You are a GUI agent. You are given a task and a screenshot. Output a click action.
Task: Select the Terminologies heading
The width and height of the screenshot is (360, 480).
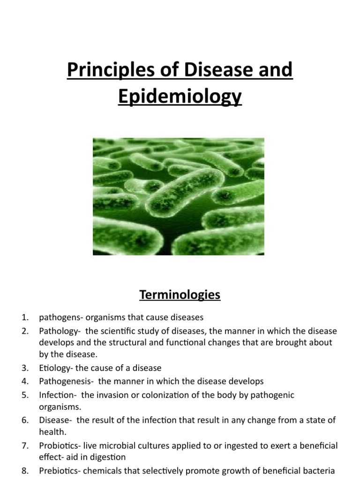point(180,295)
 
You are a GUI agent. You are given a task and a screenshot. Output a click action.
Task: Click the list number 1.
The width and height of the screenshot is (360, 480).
point(25,317)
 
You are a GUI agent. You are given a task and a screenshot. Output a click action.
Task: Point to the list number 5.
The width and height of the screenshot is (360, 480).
point(25,395)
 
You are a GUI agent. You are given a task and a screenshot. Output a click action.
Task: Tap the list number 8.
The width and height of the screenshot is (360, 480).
point(25,470)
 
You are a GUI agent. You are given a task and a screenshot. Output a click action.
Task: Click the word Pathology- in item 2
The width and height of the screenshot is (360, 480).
point(58,331)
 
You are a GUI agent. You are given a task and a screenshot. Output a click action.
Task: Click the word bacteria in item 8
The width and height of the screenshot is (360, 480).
point(321,470)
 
